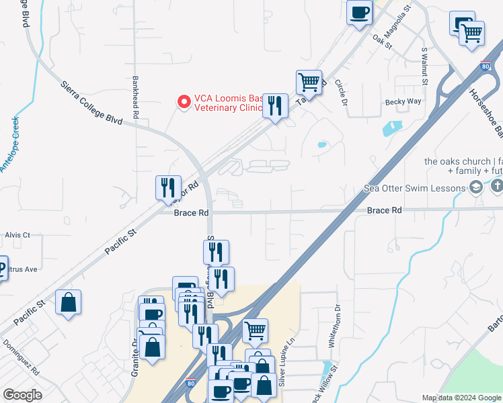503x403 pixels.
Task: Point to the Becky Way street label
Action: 403,102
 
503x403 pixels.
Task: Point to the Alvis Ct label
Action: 17,235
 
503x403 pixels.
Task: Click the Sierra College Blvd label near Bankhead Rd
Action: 91,103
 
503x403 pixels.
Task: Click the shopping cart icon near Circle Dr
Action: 309,83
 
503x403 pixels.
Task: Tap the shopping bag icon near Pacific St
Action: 69,302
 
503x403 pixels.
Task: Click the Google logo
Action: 22,395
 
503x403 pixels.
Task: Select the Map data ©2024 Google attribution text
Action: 461,398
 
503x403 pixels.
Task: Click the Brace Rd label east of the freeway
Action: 384,210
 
